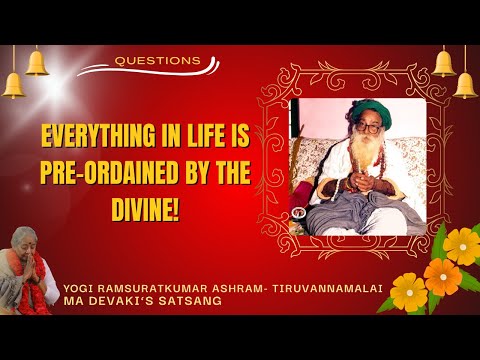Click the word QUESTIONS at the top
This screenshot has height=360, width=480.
(158, 60)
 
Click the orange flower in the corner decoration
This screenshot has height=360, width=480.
(441, 276)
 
